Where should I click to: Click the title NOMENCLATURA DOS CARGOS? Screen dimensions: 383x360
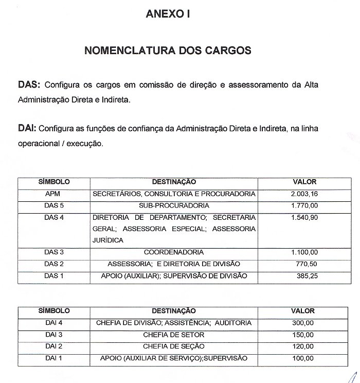click(168, 51)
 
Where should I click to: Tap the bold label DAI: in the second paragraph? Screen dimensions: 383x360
click(27, 128)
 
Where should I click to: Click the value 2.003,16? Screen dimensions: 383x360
click(304, 194)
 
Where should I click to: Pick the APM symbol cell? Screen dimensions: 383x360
click(53, 194)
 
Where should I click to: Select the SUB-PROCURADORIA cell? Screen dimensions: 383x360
click(174, 206)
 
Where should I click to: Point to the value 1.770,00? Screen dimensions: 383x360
click(304, 206)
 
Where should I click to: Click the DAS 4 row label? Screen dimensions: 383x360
click(54, 218)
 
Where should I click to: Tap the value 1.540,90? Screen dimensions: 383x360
click(304, 218)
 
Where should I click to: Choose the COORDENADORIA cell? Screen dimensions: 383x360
click(174, 252)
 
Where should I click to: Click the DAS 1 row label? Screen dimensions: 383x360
click(54, 276)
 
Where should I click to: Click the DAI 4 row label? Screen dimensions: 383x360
click(54, 323)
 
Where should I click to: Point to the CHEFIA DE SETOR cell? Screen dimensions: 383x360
click(174, 335)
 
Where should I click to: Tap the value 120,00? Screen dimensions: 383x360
click(302, 346)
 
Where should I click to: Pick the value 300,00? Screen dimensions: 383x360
click(302, 323)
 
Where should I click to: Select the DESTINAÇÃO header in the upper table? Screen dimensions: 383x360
click(174, 182)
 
